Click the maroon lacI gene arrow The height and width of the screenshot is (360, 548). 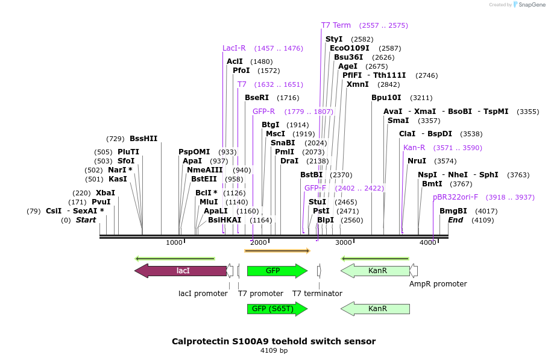181,271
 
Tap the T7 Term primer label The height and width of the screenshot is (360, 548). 336,25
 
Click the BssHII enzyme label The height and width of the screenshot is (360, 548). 143,139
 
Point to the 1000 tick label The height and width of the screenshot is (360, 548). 174,242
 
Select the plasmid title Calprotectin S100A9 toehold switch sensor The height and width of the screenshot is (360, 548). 274,341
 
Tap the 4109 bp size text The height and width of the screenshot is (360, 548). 274,350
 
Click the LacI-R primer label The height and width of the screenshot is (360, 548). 234,48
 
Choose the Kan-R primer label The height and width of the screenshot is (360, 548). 414,148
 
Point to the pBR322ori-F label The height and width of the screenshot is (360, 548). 455,197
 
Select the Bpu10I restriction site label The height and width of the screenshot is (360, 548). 386,98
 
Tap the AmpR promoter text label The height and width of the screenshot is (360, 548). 438,283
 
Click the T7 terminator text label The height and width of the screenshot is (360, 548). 317,294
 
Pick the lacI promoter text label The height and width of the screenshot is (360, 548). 203,294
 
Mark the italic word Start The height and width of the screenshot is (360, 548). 86,220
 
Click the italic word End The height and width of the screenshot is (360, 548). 456,220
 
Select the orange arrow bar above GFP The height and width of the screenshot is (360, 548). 277,250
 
